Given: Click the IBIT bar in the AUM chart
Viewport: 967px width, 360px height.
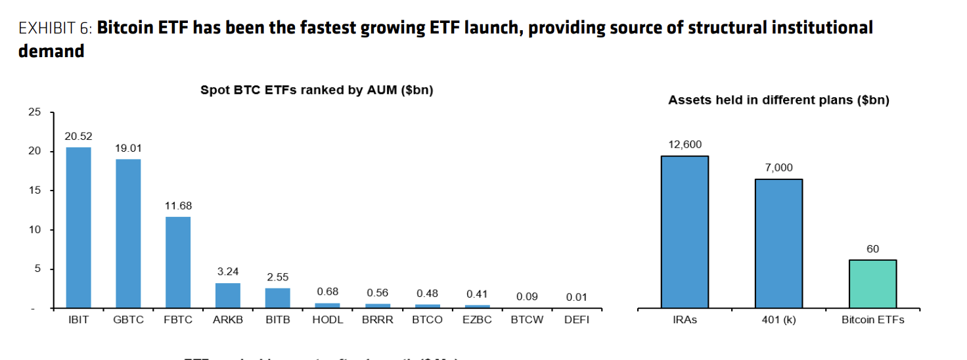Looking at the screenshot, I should point(78,227).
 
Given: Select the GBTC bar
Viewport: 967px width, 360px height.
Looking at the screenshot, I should point(128,233).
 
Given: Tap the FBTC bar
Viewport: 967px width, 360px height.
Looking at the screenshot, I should point(178,262).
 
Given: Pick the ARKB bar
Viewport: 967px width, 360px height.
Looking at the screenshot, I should point(228,296).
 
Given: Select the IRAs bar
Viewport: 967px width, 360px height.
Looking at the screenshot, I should point(685,232).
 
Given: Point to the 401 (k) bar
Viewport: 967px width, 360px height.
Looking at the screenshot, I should point(778,243).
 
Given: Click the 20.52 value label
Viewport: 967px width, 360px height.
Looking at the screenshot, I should point(78,137).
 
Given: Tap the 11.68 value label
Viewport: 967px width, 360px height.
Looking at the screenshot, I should point(178,206).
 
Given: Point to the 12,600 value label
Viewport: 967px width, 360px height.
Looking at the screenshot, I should point(685,145).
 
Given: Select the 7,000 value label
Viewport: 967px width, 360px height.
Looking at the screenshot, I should point(778,168).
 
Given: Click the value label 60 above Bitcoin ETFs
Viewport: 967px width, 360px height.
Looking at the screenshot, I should point(872,249).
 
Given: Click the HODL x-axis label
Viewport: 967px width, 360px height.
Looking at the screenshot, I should point(327,321).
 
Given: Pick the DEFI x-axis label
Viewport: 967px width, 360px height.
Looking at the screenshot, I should point(576,321).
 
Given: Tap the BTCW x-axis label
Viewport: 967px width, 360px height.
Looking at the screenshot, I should point(527,321).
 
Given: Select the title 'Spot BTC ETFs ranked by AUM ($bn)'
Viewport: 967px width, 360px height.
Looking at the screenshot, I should point(317,91).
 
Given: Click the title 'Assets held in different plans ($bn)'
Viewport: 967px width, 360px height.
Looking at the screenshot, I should point(778,101).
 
